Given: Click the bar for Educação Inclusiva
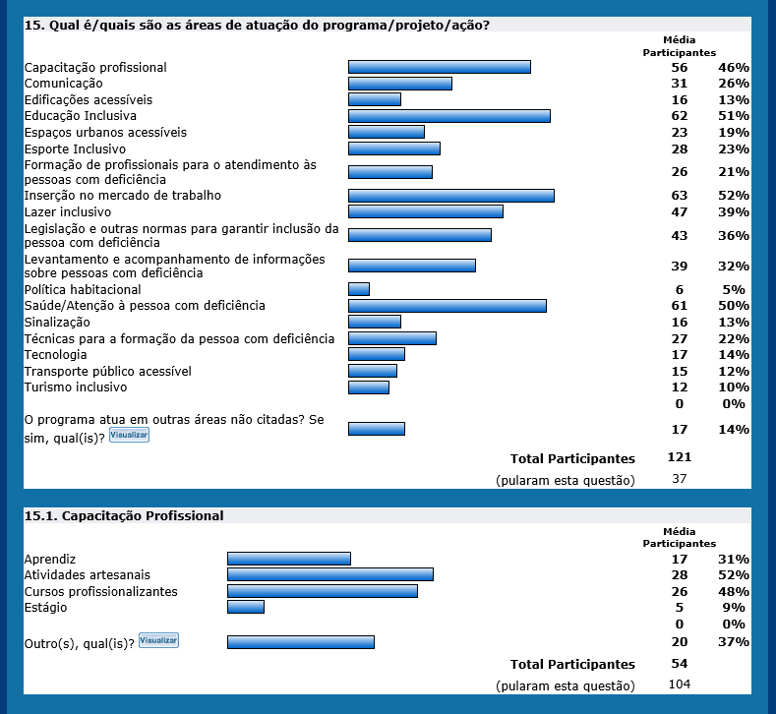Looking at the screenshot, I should (448, 116).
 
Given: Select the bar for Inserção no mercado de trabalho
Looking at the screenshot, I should (450, 196).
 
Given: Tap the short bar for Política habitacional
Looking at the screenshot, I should (358, 289).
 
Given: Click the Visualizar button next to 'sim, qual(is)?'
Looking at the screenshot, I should (129, 435).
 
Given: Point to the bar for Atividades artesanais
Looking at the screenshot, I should (329, 574).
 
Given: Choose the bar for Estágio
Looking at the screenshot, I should (245, 607).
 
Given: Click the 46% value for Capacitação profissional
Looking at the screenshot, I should (734, 68).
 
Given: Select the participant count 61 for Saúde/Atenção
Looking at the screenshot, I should (680, 306).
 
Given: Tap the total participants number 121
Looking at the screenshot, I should (679, 457).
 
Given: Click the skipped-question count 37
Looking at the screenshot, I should (679, 479).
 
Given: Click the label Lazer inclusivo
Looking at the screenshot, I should (68, 211).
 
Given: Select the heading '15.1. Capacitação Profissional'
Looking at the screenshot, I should (124, 515).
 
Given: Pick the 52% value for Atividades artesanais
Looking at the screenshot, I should (734, 575).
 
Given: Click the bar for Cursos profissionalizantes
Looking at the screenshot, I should (322, 591).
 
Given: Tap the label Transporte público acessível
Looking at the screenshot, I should (107, 371).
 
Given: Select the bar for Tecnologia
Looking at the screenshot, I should (376, 354).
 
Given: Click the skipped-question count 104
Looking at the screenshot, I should (679, 684).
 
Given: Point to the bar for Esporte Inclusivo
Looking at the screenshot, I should (393, 149).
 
